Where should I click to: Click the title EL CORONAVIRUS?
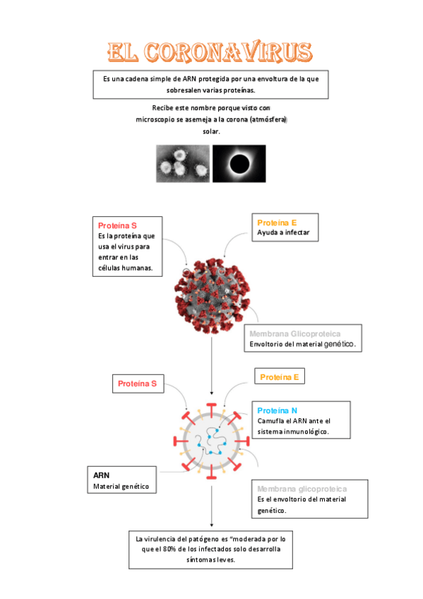click(210, 52)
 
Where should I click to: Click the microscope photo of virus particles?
click(182, 163)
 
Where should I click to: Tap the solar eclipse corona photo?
click(239, 163)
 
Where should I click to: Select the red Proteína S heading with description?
click(117, 225)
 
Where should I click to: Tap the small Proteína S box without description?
click(137, 384)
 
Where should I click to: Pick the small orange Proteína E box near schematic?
click(279, 377)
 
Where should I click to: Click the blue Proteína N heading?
click(277, 410)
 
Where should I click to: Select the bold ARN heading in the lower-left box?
click(101, 475)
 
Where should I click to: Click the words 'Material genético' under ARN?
click(121, 487)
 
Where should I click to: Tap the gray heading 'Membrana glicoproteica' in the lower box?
click(302, 489)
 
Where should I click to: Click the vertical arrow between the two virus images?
click(212, 364)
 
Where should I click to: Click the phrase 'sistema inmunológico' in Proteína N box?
click(292, 431)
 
